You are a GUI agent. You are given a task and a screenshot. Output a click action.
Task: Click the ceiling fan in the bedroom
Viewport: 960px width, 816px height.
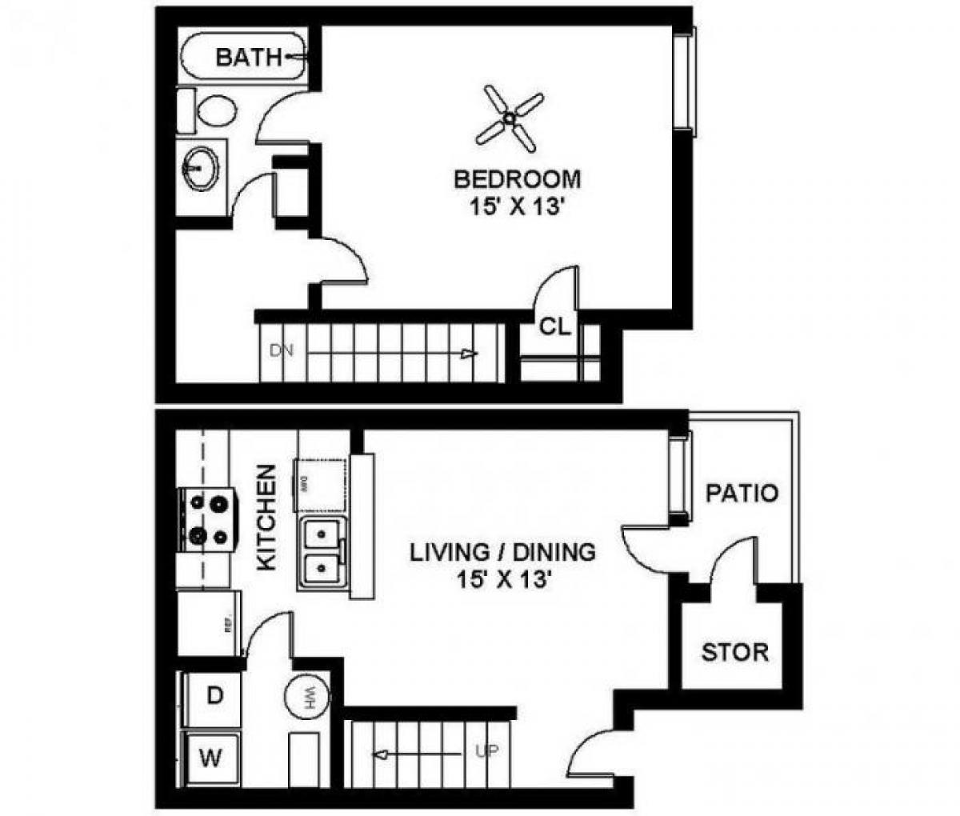(509, 119)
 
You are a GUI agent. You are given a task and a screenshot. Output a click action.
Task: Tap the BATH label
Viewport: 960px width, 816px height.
(249, 57)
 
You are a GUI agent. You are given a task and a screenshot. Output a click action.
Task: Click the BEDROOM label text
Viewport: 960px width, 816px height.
(517, 178)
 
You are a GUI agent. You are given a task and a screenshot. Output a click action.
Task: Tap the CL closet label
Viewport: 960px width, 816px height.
(554, 326)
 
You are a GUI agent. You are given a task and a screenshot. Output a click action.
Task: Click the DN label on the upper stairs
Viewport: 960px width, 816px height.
(279, 350)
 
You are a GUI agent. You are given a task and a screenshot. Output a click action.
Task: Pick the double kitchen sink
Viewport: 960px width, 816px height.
(321, 551)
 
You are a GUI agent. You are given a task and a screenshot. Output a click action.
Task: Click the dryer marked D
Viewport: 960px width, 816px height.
(214, 696)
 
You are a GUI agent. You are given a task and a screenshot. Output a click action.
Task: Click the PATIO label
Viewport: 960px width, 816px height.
(742, 493)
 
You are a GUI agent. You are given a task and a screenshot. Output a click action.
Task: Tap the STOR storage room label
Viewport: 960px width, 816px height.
(734, 652)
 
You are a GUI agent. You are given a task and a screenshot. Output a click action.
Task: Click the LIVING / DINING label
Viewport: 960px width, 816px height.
(502, 552)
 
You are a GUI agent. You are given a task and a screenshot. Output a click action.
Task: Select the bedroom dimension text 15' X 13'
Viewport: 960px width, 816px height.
(517, 206)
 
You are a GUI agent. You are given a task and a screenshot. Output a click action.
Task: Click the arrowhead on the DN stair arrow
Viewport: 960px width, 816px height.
(473, 354)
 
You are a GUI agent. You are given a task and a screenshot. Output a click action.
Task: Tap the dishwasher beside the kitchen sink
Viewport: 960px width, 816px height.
(320, 485)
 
